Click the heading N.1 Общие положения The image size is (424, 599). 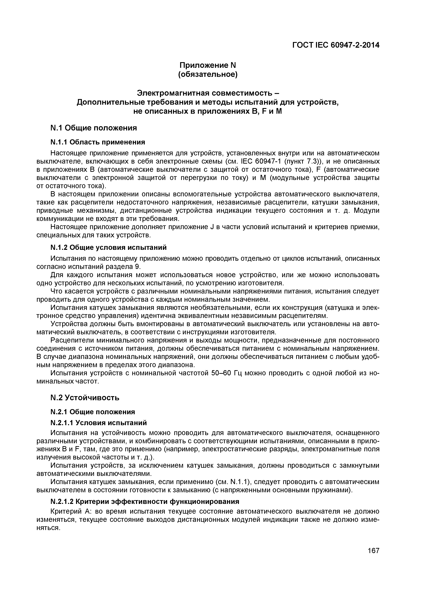pos(93,128)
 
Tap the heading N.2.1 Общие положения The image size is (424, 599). pos(92,412)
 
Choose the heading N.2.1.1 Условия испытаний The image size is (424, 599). pos(98,423)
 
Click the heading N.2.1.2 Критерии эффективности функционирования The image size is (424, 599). pos(145,502)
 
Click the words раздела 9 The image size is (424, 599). pos(126,267)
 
